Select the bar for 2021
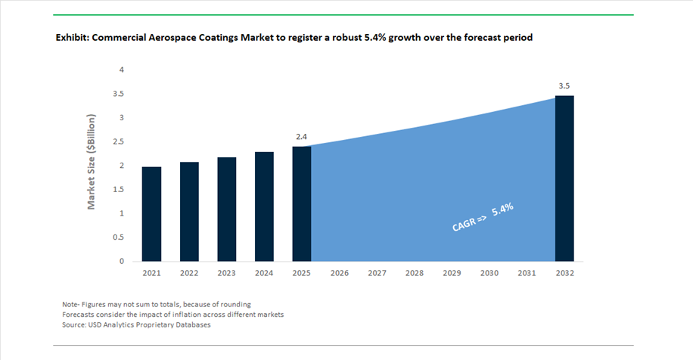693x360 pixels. (x=151, y=214)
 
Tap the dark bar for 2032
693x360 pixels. (x=564, y=178)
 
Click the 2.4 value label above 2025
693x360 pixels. (x=301, y=137)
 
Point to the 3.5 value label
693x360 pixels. (x=564, y=86)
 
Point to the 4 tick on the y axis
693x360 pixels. (x=122, y=70)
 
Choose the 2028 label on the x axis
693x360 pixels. (x=414, y=273)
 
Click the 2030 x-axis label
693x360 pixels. (x=489, y=273)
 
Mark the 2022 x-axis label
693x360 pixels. (x=188, y=273)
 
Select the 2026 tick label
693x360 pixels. (x=339, y=273)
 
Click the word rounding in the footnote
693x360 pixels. (x=235, y=304)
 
